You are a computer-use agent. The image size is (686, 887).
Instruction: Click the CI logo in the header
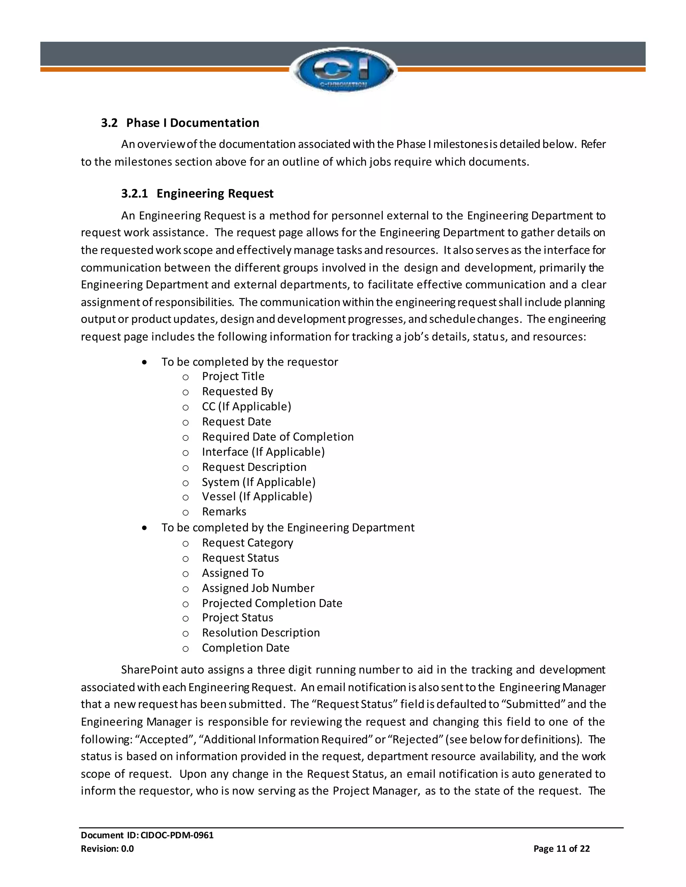(343, 70)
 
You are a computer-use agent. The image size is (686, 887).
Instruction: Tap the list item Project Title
(233, 377)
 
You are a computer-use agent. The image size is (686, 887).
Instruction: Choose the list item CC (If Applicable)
(246, 407)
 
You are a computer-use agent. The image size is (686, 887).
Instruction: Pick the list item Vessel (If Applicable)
(257, 497)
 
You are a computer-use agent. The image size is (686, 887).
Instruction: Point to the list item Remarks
(224, 512)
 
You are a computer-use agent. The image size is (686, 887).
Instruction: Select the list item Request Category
(247, 543)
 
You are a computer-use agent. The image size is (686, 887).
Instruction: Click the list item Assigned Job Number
(258, 588)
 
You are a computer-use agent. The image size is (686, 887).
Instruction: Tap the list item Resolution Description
(261, 633)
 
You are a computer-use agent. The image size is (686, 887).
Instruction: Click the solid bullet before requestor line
(144, 362)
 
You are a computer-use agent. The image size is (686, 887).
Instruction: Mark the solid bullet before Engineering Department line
(144, 528)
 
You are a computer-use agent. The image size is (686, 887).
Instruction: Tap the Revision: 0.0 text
(107, 849)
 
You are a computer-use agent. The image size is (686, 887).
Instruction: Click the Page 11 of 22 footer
(561, 849)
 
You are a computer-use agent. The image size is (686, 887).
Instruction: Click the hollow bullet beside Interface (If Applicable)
(185, 453)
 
